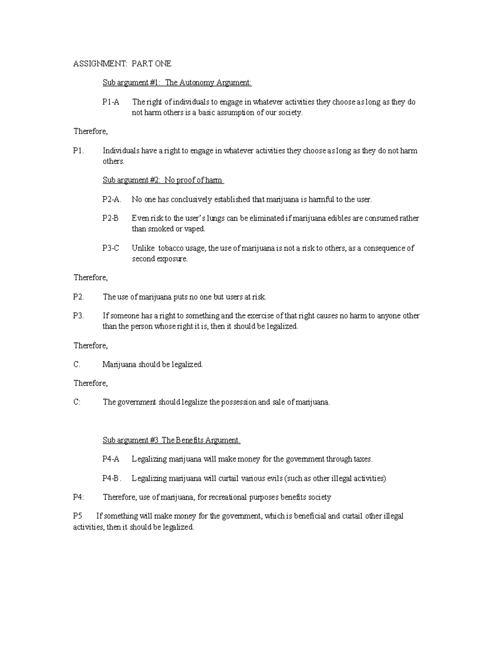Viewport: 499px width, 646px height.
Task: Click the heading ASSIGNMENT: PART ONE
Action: [x=122, y=64]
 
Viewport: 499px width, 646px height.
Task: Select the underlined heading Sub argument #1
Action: [x=177, y=83]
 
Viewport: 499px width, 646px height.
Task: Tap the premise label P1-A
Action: [x=111, y=102]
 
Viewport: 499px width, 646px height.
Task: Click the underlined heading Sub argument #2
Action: [x=163, y=180]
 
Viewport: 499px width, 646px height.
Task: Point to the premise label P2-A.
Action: [x=112, y=199]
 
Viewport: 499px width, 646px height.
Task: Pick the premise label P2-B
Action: [x=111, y=218]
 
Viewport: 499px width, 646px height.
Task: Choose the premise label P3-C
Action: [x=111, y=248]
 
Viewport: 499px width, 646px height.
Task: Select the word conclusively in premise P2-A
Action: [x=191, y=199]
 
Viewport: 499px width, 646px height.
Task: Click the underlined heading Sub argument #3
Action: [x=171, y=440]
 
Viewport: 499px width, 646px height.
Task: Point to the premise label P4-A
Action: [x=111, y=459]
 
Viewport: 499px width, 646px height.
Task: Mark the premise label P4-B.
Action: [x=111, y=478]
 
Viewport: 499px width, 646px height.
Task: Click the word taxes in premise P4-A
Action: [x=363, y=459]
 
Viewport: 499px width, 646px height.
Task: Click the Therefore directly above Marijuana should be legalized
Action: [x=91, y=346]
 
